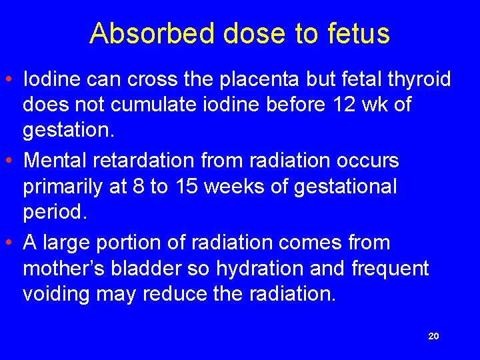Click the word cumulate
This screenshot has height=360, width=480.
(x=177, y=105)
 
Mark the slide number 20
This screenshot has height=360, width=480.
(x=433, y=337)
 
